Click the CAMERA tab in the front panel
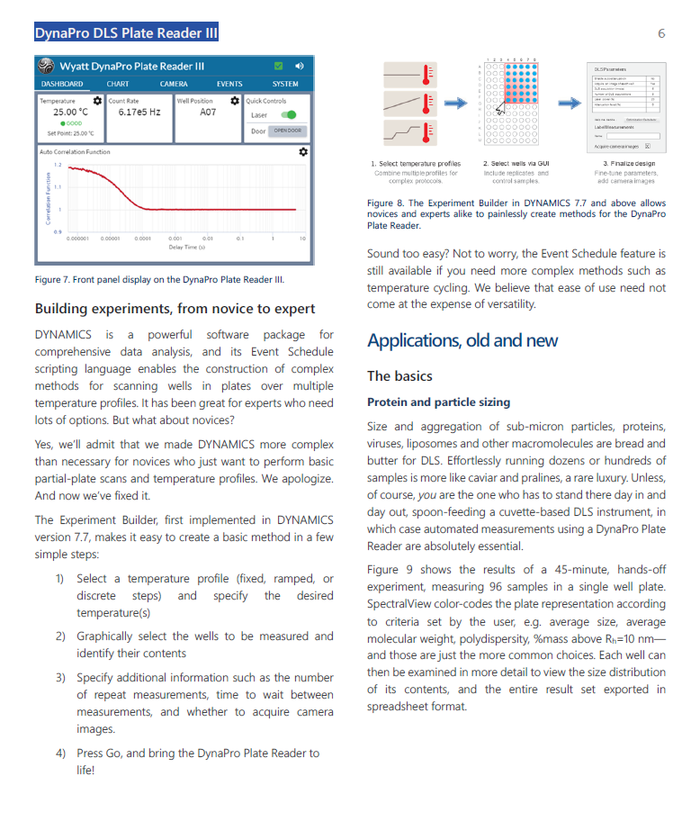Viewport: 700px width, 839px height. point(174,84)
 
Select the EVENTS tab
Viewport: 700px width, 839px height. point(229,84)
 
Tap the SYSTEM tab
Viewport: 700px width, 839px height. point(285,84)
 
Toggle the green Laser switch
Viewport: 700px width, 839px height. point(288,115)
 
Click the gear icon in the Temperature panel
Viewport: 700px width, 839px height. point(97,101)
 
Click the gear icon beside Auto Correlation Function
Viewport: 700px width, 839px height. point(303,151)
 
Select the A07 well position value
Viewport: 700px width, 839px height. point(208,113)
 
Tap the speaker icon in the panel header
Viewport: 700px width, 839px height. point(299,66)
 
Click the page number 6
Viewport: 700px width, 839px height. point(661,33)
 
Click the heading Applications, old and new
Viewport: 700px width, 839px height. point(462,340)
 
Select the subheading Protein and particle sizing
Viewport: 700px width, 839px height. point(438,401)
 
